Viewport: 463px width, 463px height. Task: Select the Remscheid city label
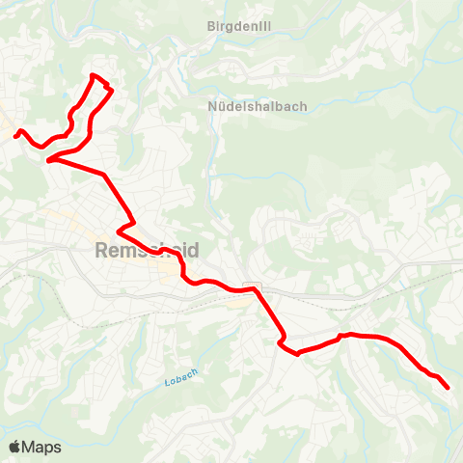[x=148, y=250]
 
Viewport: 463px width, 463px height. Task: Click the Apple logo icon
[x=15, y=447]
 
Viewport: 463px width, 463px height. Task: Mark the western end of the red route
[x=15, y=136]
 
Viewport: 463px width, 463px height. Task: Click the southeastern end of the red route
[x=449, y=388]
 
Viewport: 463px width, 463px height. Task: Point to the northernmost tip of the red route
[x=93, y=75]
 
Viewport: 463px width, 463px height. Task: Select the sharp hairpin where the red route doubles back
[x=47, y=161]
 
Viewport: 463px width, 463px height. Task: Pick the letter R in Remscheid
[x=103, y=250]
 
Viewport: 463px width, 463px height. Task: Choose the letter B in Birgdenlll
[x=211, y=26]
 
